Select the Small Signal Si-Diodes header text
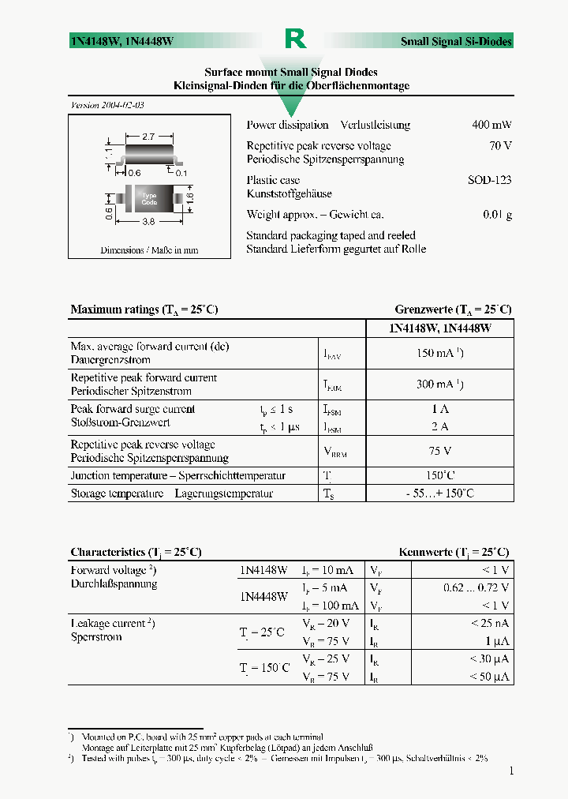[456, 42]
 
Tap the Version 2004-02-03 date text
[107, 105]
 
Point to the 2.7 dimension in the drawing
[148, 137]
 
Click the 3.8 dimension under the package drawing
[148, 223]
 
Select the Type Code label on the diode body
[149, 199]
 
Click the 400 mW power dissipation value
[491, 125]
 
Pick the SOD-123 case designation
[489, 180]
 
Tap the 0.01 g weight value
[497, 215]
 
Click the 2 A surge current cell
[439, 426]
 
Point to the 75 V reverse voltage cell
[439, 451]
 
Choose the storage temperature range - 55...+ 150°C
[439, 493]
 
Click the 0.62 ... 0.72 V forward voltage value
[476, 587]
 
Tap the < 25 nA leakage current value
[489, 623]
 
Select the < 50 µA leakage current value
[489, 677]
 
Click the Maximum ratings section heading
[144, 309]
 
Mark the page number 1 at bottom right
[511, 771]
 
